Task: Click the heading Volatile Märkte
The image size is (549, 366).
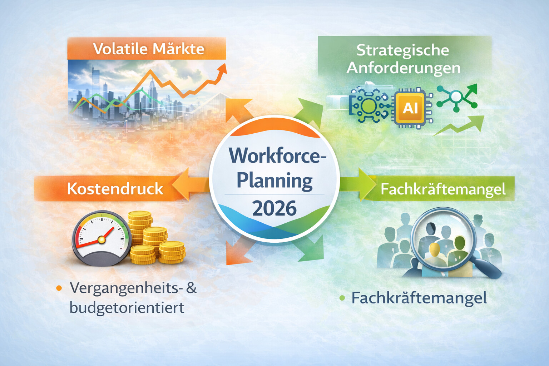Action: point(148,49)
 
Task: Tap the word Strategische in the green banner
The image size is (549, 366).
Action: point(403,50)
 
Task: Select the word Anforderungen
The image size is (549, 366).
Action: point(404,68)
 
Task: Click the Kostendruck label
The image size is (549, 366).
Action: point(115,189)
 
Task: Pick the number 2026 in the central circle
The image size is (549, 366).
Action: point(274,208)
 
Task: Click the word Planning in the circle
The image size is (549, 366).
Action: point(274,180)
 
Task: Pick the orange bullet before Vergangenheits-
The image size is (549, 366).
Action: point(59,288)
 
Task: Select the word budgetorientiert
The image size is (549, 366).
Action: point(127,307)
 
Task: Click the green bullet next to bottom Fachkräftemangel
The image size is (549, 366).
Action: point(342,298)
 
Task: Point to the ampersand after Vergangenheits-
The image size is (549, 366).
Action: point(192,288)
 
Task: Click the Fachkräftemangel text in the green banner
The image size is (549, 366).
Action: point(443,189)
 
